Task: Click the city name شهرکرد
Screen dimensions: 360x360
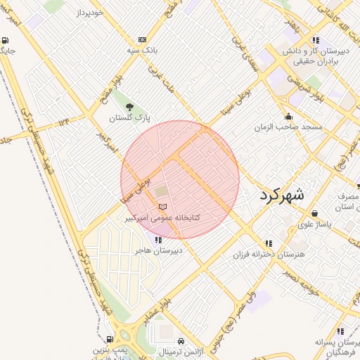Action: click(x=281, y=195)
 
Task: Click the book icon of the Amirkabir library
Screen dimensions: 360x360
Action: click(x=163, y=207)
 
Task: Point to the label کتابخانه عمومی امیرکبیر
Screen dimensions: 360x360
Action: click(x=162, y=218)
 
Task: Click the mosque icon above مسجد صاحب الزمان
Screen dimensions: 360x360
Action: click(x=288, y=117)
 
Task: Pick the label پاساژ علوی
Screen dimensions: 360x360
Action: click(x=314, y=224)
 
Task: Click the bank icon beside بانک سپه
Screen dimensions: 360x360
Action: click(x=143, y=39)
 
